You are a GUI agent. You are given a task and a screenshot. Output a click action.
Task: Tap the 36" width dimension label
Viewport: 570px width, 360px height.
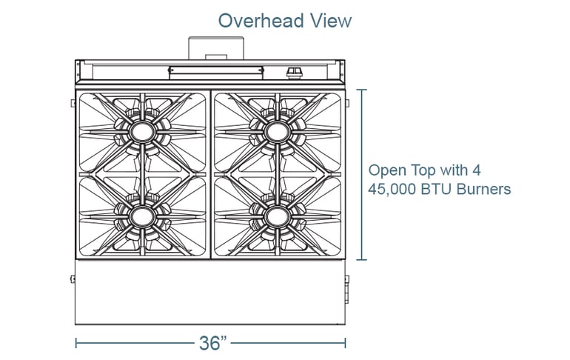[212, 343]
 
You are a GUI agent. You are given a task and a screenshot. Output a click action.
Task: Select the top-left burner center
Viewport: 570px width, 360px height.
[141, 132]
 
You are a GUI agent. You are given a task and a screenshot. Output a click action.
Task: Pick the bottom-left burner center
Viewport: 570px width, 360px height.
[141, 216]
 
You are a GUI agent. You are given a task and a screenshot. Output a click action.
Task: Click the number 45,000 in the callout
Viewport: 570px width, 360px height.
[393, 189]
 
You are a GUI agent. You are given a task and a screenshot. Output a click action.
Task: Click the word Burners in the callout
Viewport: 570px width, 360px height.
[486, 189]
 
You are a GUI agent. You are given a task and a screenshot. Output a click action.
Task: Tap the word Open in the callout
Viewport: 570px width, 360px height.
[386, 170]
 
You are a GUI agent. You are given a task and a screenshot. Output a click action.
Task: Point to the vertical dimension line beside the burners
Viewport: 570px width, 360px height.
[362, 175]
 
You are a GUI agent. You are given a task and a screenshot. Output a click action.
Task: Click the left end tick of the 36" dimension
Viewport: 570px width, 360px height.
[76, 343]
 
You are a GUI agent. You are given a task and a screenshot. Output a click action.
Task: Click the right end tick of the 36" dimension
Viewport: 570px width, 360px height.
[346, 343]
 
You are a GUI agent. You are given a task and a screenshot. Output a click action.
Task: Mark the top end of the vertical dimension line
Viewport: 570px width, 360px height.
[362, 90]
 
